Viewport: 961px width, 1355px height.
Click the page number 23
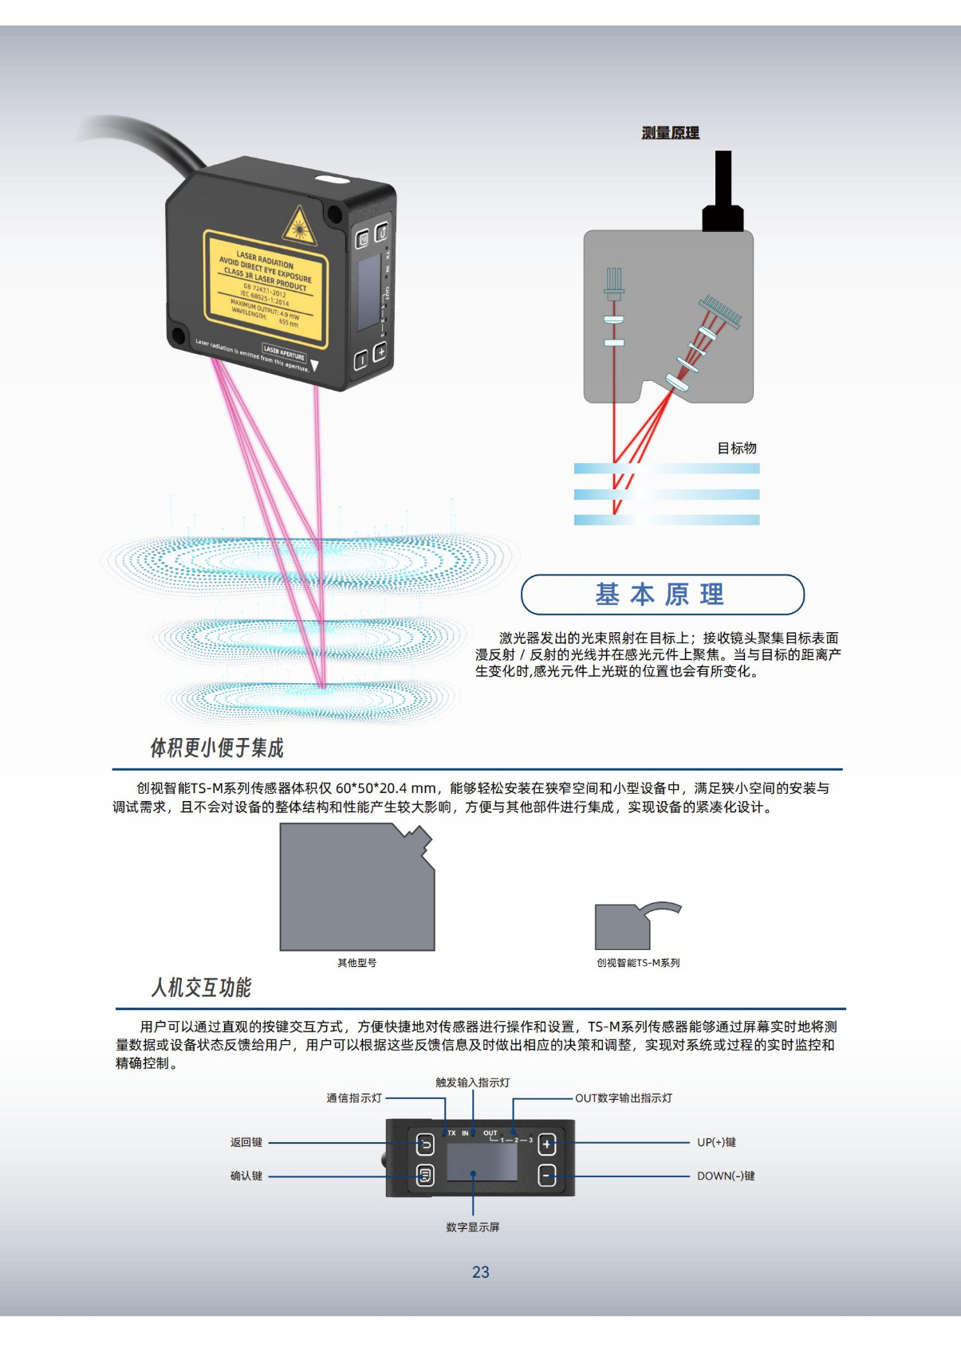coord(480,1272)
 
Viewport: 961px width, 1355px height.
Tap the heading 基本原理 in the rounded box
coord(660,595)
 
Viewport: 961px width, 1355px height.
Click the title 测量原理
coord(670,133)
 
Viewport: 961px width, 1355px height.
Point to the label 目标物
coord(736,448)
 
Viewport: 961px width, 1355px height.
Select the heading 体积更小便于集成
coord(217,748)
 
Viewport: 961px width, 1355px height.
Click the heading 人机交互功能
coord(201,988)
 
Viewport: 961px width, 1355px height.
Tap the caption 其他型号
coord(356,963)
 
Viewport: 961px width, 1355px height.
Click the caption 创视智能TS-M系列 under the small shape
coord(638,963)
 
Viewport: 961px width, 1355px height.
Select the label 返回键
coord(246,1142)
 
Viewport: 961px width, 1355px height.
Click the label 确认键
coord(246,1176)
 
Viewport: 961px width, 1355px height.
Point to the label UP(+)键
coord(716,1142)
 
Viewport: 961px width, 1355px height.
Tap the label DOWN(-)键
coord(726,1176)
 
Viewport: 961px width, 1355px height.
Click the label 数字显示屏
coord(473,1227)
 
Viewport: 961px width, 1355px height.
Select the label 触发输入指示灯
coord(473,1082)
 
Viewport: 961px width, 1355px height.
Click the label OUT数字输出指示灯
coord(624,1098)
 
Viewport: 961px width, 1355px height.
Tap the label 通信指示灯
coord(354,1098)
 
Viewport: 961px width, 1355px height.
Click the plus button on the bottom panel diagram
coord(547,1145)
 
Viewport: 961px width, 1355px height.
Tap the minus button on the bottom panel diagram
coord(547,1176)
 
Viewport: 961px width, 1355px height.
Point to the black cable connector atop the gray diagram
coord(723,195)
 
